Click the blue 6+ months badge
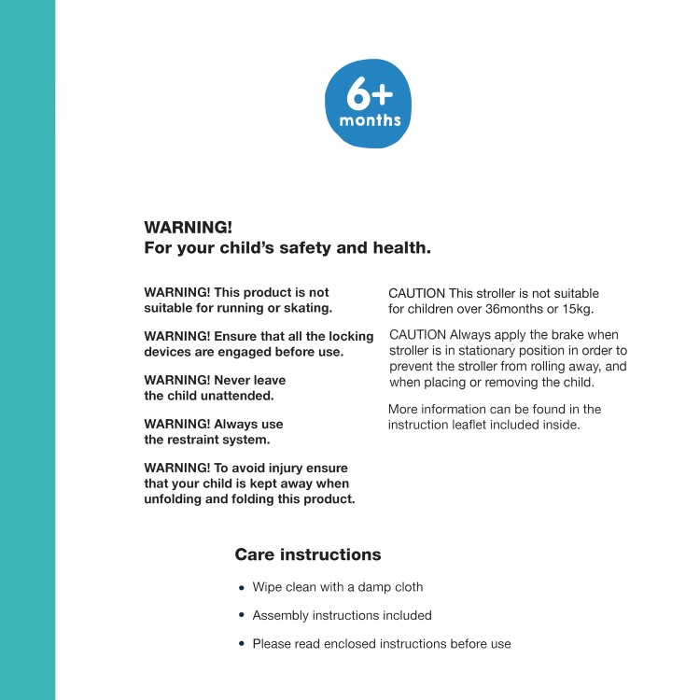point(368,104)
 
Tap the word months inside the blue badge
point(371,120)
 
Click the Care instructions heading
point(308,554)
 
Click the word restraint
point(204,439)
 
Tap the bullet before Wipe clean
point(242,588)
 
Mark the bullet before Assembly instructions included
point(242,616)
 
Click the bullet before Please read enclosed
point(242,644)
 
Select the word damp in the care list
point(372,587)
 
